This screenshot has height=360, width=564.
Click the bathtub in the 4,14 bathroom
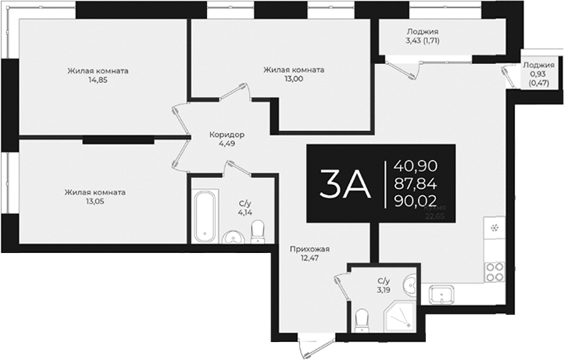pos(205,215)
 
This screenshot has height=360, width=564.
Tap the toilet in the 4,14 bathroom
pos(257,230)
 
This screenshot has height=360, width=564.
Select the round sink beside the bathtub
pos(232,237)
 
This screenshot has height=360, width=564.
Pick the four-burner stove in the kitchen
pos(494,271)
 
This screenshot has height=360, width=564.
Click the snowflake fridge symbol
pos(494,229)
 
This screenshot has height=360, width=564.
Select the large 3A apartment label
pos(343,184)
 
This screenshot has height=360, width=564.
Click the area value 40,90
pos(416,166)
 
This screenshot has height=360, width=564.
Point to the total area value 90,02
pos(416,201)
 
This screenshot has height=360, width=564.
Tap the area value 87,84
pos(416,184)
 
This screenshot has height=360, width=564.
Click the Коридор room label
pos(227,134)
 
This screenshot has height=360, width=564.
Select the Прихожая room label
pos(309,250)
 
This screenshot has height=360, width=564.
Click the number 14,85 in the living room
pos(98,79)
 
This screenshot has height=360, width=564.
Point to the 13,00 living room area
pos(294,79)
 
